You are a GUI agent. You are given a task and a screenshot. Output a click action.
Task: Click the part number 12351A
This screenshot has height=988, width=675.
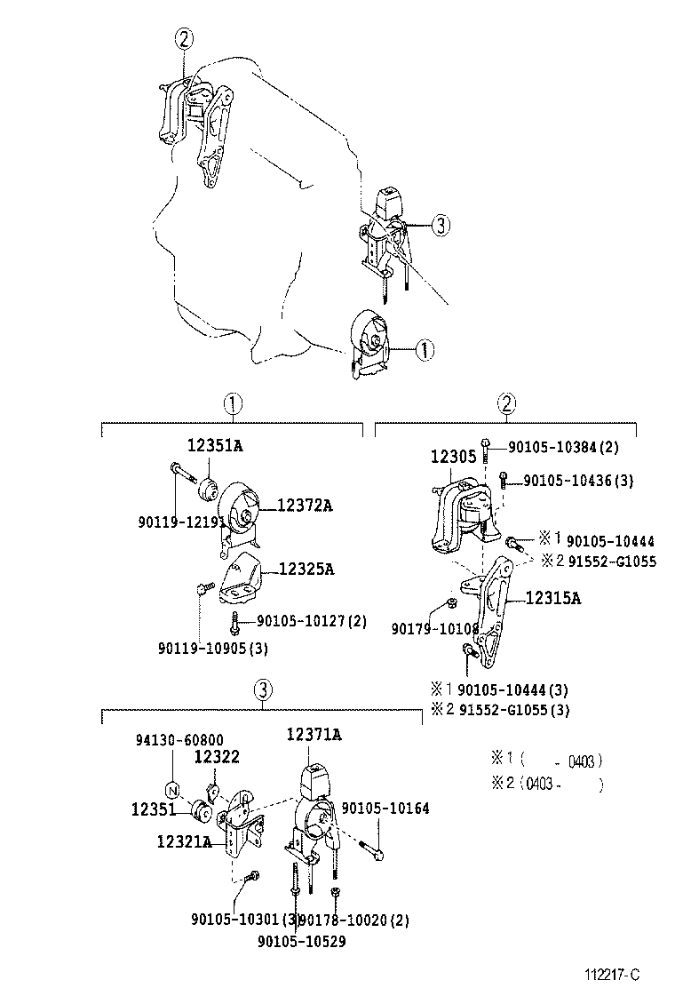pos(214,446)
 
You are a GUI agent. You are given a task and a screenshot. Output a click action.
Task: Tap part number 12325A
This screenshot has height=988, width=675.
pos(306,569)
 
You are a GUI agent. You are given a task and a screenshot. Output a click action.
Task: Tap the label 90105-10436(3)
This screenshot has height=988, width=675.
pos(578,481)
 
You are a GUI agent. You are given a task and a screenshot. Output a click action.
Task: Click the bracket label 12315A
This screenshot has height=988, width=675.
pos(552,599)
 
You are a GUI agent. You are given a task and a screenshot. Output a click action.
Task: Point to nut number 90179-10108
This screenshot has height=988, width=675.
pos(435,629)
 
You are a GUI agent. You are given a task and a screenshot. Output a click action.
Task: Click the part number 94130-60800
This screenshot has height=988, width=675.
pos(179,739)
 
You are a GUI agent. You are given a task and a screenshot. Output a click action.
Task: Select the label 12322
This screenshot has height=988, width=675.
pos(217,756)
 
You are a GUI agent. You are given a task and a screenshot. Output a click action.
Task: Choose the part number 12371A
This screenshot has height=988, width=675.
pos(314,734)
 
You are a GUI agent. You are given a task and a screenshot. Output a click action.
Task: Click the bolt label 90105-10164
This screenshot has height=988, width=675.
pos(385,809)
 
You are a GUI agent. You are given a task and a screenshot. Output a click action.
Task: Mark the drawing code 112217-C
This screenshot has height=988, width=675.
pos(612,975)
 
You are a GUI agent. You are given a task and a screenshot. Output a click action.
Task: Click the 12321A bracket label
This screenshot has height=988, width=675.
pos(184,841)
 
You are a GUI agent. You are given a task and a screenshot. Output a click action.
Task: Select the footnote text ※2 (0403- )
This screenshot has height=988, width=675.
pos(546,784)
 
